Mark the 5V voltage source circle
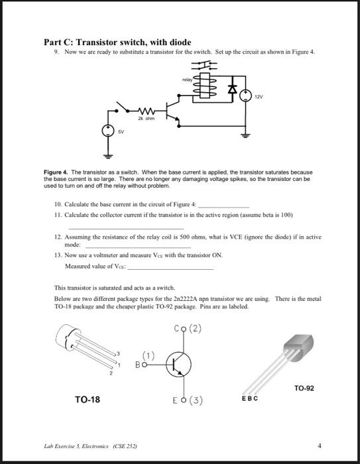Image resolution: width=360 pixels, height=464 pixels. click(x=107, y=131)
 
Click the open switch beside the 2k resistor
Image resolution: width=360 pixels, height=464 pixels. click(x=124, y=106)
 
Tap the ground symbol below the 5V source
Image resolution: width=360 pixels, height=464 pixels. click(x=107, y=155)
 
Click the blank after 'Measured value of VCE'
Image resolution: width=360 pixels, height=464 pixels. click(x=170, y=268)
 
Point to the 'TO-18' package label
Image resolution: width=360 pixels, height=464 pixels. click(x=88, y=400)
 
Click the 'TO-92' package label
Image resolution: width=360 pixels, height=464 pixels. click(x=304, y=388)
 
